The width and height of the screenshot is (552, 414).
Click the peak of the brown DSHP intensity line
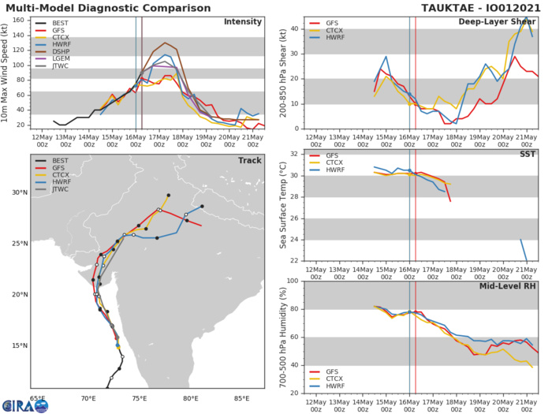pos(165,43)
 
